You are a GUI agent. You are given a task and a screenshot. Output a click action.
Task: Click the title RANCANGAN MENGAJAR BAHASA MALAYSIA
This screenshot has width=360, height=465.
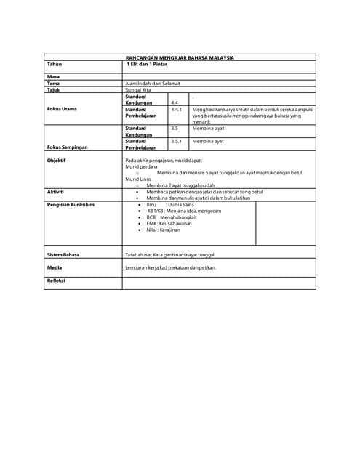point(180,57)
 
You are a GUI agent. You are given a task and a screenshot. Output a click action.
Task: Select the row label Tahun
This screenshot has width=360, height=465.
point(55,64)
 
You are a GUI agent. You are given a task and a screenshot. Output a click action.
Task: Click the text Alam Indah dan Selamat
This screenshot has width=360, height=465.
point(153,84)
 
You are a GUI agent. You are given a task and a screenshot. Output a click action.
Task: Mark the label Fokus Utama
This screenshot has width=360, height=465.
point(63,109)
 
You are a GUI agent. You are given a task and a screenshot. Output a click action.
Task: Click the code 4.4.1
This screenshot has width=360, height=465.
point(176,109)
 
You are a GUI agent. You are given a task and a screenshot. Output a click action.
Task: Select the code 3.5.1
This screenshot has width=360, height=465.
point(176,140)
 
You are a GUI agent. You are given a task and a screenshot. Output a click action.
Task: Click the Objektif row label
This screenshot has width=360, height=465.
point(57,160)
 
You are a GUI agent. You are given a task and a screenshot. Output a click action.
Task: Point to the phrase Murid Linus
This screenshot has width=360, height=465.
point(138,179)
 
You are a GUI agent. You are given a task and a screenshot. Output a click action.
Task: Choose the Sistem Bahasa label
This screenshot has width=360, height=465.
point(63,255)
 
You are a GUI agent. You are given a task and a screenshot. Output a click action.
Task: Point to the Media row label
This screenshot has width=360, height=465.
point(55,267)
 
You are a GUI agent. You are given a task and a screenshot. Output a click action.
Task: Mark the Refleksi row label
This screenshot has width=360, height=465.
point(56,280)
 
